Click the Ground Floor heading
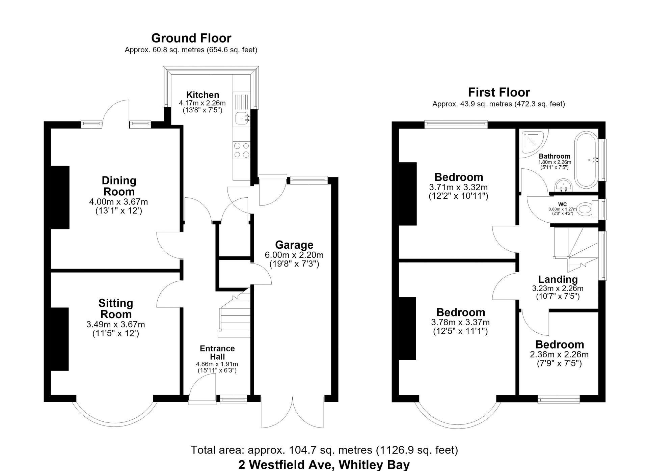click(191, 38)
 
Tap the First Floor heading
click(499, 92)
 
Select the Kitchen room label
click(202, 95)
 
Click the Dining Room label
click(119, 186)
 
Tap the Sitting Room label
click(116, 308)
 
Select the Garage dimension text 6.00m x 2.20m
click(294, 255)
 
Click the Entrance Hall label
click(217, 353)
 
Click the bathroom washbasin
click(563, 185)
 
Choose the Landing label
click(558, 279)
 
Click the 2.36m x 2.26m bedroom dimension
click(559, 355)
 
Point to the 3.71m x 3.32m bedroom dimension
click(458, 187)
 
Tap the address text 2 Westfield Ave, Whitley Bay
click(324, 465)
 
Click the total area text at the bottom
click(324, 450)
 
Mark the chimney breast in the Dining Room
click(60, 197)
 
